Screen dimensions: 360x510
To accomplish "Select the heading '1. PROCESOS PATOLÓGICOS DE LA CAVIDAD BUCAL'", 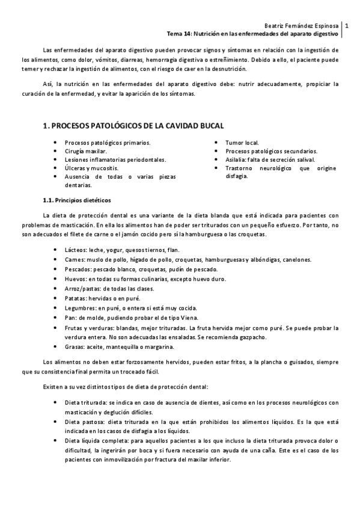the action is click(x=133, y=126).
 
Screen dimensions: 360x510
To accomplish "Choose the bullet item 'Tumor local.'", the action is click(x=242, y=143).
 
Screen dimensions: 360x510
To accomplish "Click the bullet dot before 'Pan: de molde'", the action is click(x=55, y=317).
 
